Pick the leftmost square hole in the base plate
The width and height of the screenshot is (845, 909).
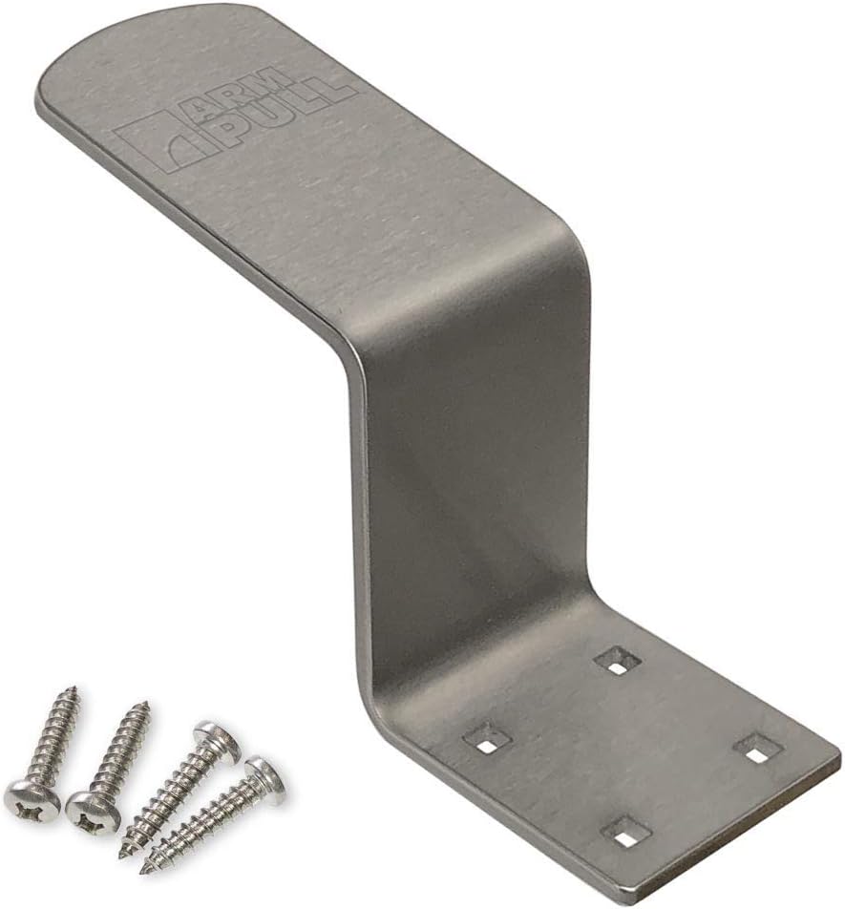coord(487,738)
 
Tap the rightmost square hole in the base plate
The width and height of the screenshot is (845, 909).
coord(756,750)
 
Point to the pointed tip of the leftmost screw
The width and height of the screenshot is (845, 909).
coord(74,690)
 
